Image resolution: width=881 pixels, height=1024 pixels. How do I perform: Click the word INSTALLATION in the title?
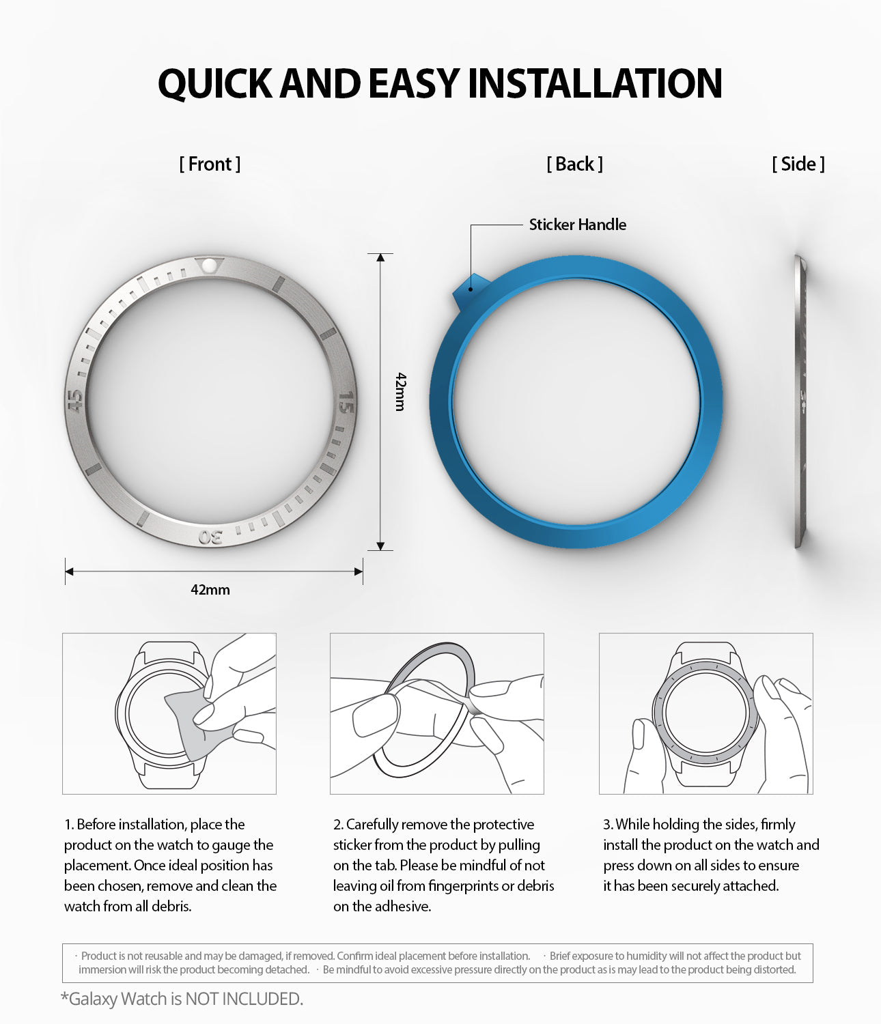[x=594, y=84]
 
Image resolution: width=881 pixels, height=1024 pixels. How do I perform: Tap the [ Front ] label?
[x=210, y=164]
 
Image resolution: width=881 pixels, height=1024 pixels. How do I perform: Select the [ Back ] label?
[x=574, y=164]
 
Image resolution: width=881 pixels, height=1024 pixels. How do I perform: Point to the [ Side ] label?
[x=798, y=164]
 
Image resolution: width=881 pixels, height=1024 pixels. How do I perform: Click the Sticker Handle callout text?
[x=577, y=225]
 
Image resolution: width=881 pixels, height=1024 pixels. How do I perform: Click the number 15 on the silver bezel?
[x=346, y=402]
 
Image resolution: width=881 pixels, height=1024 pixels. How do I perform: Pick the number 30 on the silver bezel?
[x=210, y=537]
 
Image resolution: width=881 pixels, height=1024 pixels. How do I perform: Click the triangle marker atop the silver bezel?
[x=207, y=264]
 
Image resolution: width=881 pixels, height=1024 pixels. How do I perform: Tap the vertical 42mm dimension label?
[x=400, y=391]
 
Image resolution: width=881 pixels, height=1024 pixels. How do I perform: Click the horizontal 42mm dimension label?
[x=210, y=590]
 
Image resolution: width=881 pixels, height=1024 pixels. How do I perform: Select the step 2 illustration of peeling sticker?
[x=437, y=713]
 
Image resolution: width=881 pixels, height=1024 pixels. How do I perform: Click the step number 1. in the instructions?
[x=69, y=825]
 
